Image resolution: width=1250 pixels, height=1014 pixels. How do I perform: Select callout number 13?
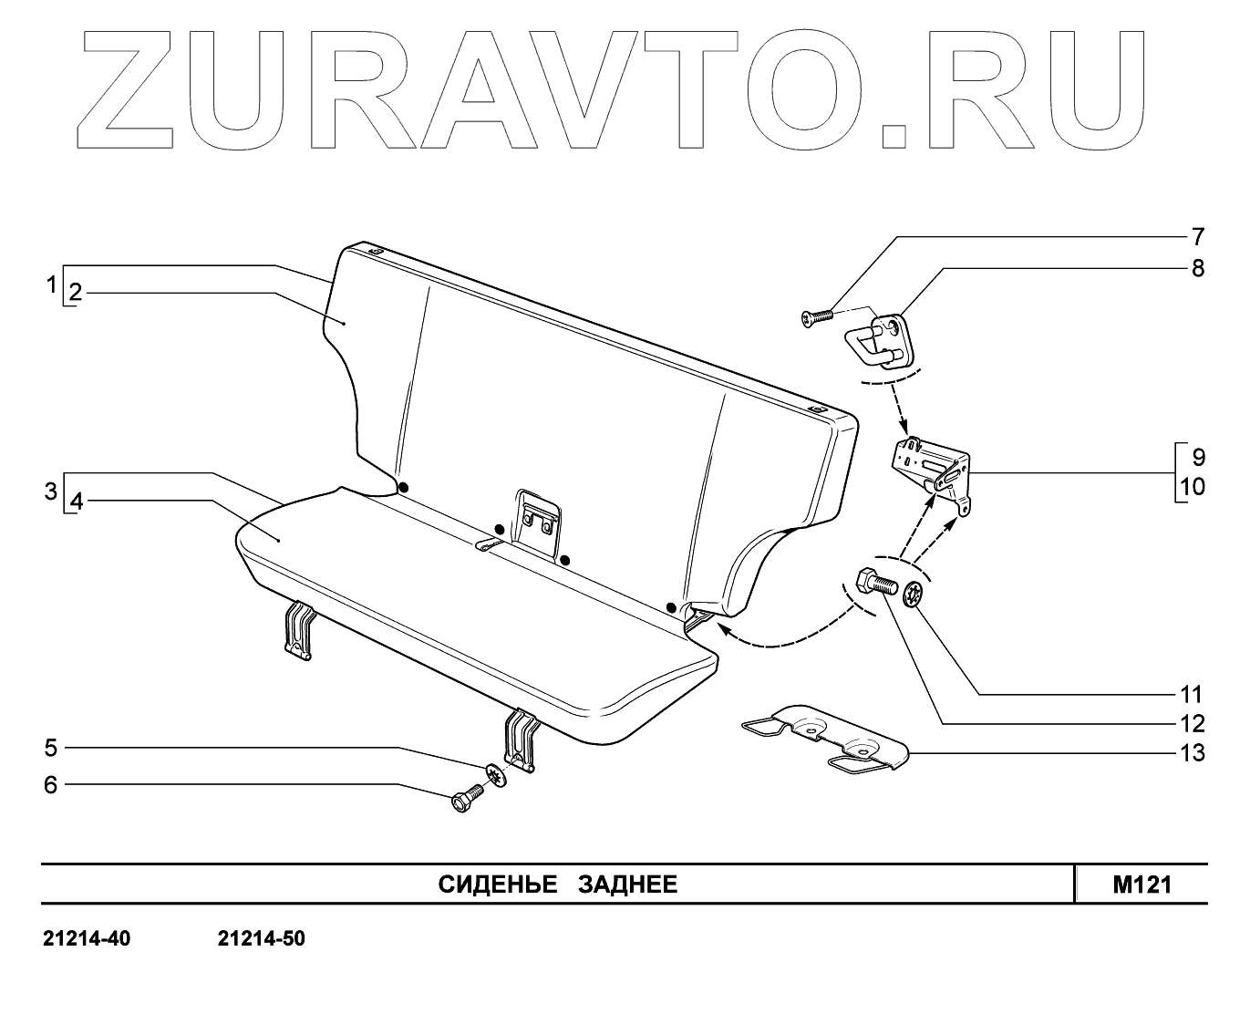(1192, 753)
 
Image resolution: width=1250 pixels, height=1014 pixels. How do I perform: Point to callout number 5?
(51, 748)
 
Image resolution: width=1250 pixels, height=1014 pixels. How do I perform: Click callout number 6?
(51, 784)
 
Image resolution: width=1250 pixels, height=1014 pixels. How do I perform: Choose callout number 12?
(1192, 724)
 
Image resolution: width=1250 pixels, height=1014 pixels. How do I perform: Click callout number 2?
(76, 293)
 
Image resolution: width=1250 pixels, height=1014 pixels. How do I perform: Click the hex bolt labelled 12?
(874, 582)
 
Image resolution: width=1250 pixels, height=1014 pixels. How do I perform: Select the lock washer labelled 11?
(914, 595)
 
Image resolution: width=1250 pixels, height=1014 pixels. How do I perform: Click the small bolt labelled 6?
(466, 800)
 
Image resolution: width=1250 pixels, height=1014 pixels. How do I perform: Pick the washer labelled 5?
(494, 775)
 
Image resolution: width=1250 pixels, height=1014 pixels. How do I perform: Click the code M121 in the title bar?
(1142, 885)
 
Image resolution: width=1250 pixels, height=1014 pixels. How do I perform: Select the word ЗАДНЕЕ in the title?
(628, 885)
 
